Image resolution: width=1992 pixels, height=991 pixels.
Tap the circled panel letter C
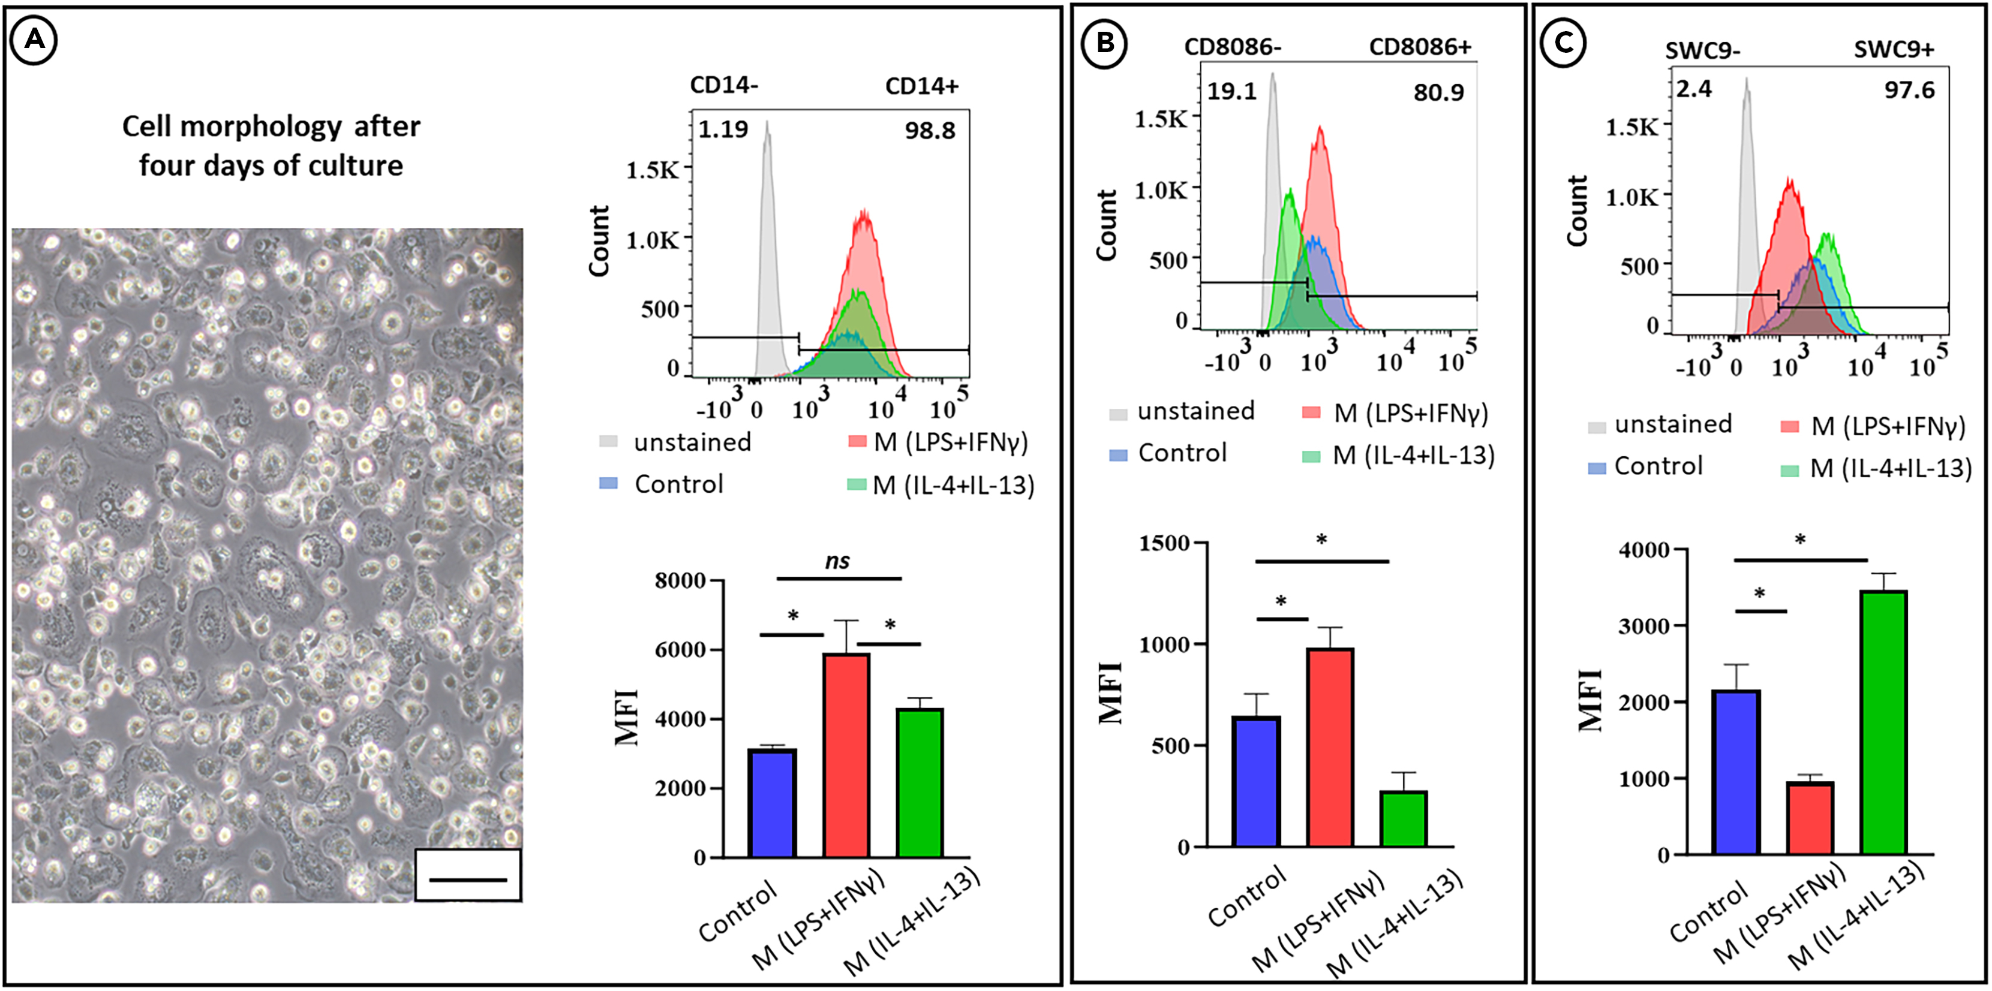1563,43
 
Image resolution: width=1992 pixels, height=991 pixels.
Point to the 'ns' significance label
837,561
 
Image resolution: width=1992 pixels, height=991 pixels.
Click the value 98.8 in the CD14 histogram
930,131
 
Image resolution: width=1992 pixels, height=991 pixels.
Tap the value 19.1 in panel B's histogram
1232,92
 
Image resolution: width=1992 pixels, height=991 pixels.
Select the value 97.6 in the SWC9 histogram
1909,91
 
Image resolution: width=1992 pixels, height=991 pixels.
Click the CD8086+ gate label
1420,47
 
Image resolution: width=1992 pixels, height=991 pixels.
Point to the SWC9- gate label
1703,50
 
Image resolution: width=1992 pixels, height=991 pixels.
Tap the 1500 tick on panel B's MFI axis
1164,543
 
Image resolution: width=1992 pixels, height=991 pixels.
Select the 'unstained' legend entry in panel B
1195,411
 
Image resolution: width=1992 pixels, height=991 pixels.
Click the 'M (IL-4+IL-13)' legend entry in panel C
1890,468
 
